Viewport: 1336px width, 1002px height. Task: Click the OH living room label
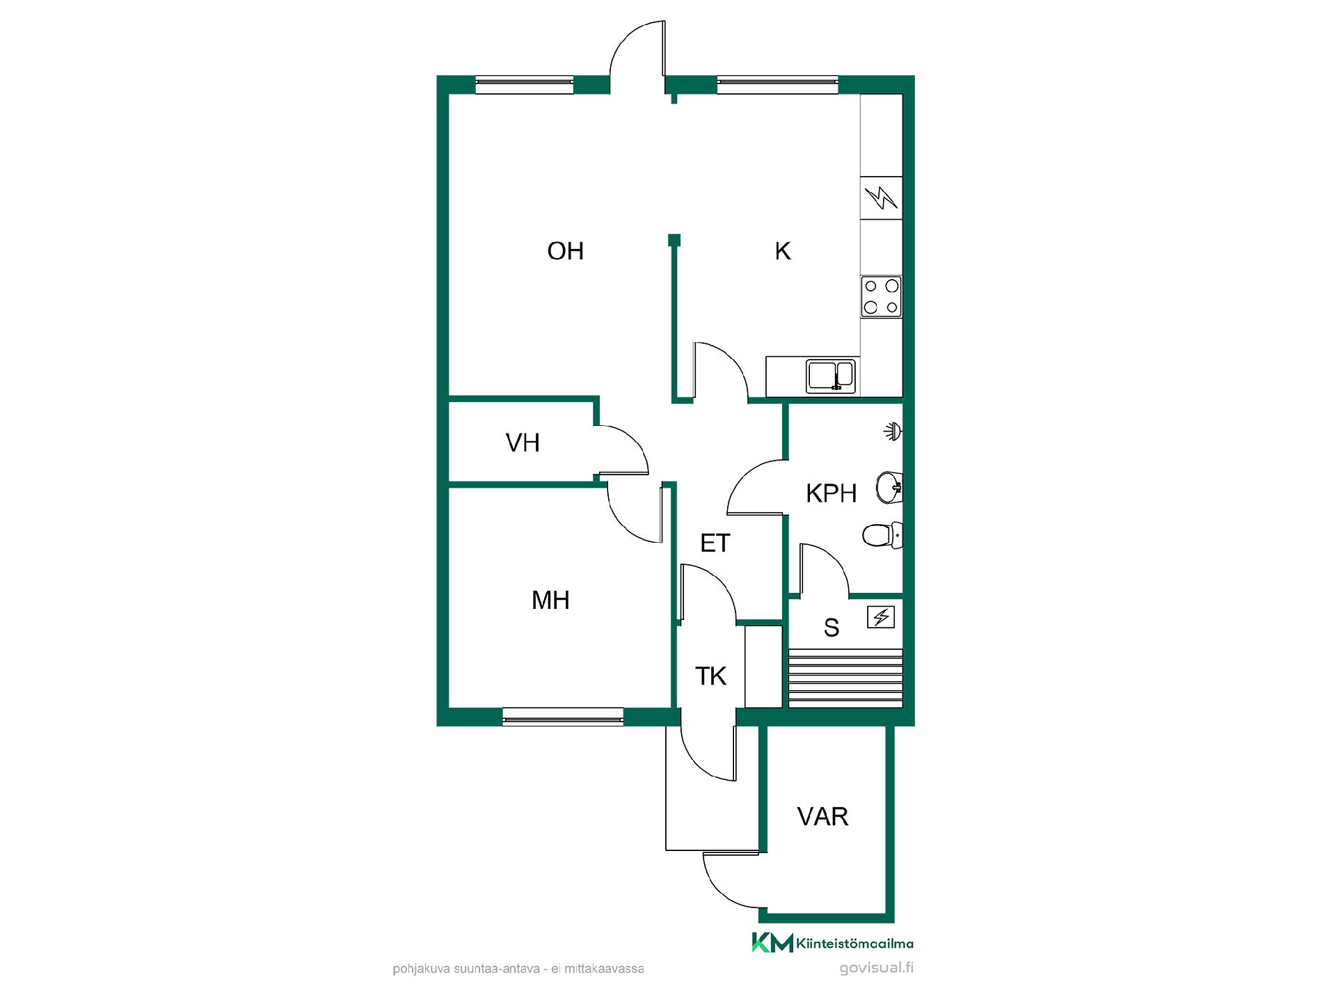(565, 251)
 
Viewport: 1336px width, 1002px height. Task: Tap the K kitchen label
(783, 251)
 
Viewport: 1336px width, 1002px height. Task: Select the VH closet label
(523, 443)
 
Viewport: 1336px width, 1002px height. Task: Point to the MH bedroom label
(550, 600)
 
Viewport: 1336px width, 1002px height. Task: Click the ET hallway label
(715, 543)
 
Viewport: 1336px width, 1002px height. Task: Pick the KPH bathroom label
(831, 493)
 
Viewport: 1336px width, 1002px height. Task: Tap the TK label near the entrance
(710, 676)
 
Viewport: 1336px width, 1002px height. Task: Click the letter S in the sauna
(832, 628)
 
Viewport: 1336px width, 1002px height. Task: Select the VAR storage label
(822, 816)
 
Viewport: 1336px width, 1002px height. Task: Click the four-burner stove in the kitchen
(881, 296)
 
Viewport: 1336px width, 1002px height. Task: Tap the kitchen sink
(831, 376)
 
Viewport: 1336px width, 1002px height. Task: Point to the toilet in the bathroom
(882, 535)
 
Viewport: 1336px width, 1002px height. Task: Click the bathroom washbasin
(889, 487)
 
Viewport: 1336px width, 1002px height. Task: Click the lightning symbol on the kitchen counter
(881, 198)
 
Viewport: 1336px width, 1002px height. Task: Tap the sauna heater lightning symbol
(881, 617)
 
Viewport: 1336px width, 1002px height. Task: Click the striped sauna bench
(845, 678)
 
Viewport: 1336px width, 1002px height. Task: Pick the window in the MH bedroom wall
(563, 717)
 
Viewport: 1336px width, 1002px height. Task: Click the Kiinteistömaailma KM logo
(832, 943)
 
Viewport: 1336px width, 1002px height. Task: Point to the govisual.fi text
(876, 968)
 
